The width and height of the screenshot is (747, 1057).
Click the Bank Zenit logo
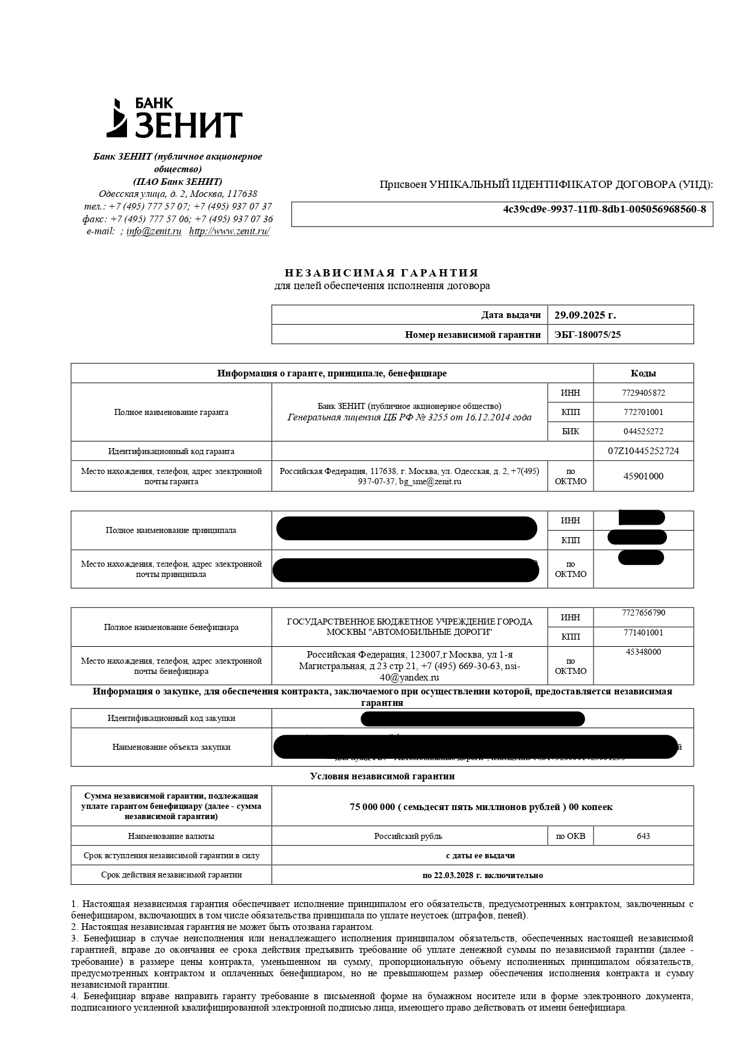click(175, 118)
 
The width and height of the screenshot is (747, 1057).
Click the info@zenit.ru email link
click(153, 231)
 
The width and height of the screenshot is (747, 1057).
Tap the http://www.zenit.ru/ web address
click(229, 231)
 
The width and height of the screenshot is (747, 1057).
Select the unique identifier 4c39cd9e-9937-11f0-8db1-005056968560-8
click(604, 210)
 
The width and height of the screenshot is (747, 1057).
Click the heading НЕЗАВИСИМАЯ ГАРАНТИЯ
click(382, 273)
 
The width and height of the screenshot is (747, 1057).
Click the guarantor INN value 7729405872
click(643, 393)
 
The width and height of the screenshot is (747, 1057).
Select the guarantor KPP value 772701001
click(643, 412)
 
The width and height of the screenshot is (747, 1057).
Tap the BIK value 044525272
click(643, 431)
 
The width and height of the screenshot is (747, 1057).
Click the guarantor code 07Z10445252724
click(643, 451)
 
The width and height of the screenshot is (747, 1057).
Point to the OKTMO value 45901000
click(643, 476)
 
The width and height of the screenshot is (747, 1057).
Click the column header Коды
click(643, 373)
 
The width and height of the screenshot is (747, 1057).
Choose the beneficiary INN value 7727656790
click(643, 613)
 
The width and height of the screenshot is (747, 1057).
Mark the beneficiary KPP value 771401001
click(643, 632)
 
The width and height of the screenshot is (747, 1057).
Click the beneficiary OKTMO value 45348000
click(643, 652)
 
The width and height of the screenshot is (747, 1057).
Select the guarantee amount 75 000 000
click(372, 807)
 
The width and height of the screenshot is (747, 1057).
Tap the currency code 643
click(643, 836)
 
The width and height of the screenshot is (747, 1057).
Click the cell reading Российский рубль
click(408, 836)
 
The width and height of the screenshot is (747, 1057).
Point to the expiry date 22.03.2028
click(454, 875)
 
